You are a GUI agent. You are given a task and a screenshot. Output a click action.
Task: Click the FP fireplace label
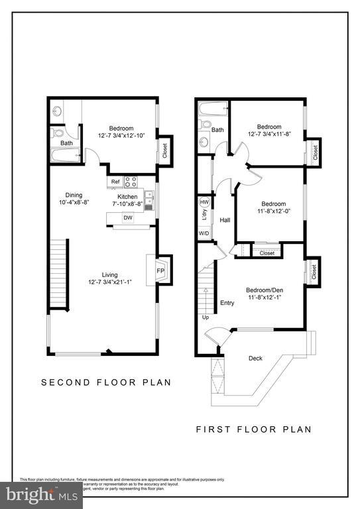[x=160, y=270]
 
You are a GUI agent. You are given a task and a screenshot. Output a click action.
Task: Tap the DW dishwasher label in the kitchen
[x=128, y=217]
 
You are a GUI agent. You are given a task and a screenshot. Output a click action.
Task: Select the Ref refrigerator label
[x=115, y=182]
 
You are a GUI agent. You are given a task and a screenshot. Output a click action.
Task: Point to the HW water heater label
[x=204, y=202]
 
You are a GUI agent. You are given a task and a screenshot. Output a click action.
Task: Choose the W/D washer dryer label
[x=204, y=233]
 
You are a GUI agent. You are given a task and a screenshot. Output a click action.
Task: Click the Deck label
[x=255, y=359]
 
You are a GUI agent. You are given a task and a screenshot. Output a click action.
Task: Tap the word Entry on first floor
[x=227, y=303]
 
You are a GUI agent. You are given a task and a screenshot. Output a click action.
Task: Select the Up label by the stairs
[x=206, y=317]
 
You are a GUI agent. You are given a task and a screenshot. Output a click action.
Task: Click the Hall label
[x=225, y=220]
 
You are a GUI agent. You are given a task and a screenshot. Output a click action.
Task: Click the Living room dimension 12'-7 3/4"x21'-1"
[x=109, y=282]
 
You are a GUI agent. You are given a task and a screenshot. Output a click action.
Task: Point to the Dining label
[x=74, y=195]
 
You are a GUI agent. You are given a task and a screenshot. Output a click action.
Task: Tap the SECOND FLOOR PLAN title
[x=106, y=382]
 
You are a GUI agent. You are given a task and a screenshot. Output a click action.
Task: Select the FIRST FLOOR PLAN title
[x=253, y=429]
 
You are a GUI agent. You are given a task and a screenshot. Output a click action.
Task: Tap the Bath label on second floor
[x=67, y=142]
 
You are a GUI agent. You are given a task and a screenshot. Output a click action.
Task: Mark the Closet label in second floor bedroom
[x=164, y=150]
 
